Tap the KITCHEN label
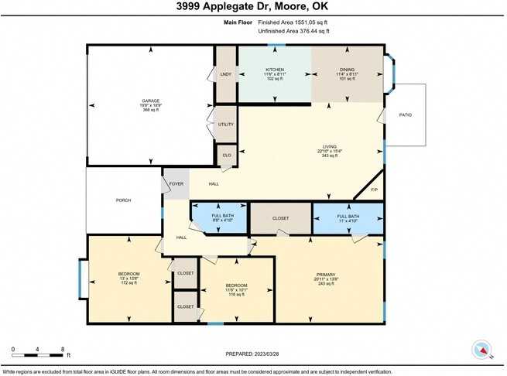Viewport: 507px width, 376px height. [x=275, y=70]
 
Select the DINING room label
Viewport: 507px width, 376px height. [x=347, y=70]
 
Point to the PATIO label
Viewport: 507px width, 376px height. [x=405, y=115]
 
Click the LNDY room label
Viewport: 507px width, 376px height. [x=225, y=74]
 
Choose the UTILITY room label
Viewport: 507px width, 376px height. [x=225, y=124]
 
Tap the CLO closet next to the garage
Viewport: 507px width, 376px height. [x=227, y=156]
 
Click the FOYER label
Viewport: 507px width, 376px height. [x=176, y=183]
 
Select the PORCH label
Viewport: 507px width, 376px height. [x=123, y=200]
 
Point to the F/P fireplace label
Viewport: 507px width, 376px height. [x=373, y=190]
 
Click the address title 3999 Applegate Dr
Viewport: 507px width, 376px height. [x=253, y=7]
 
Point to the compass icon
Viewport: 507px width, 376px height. [x=483, y=349]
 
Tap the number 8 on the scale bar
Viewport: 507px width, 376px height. [x=62, y=349]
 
